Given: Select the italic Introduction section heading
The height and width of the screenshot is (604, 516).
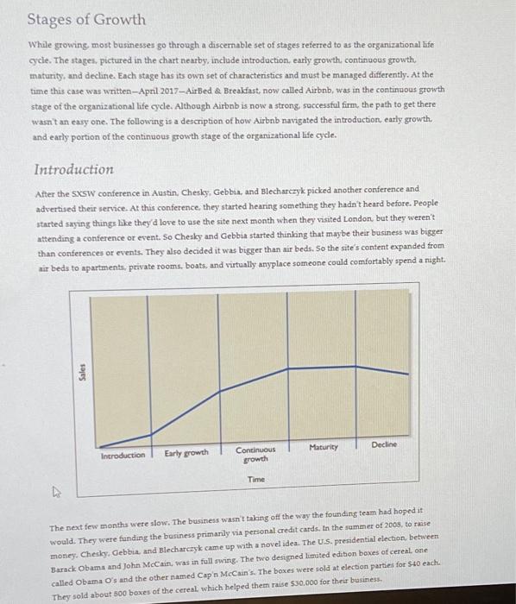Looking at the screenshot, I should [73, 169].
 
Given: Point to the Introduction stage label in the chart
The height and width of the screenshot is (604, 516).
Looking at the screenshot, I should [123, 454].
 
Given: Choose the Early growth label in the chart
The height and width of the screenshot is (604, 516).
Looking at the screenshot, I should [186, 453].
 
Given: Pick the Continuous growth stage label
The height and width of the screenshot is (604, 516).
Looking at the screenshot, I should [255, 454].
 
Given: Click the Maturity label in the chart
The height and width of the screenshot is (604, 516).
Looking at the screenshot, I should [323, 448].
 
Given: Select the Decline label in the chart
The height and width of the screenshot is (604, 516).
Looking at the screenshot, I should [385, 444].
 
